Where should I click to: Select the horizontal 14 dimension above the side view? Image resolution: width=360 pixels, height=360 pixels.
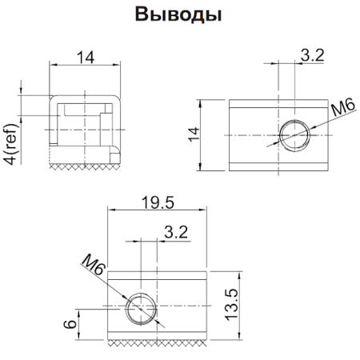pyautogui.click(x=85, y=57)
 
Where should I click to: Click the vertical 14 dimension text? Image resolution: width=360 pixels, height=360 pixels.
pyautogui.click(x=192, y=134)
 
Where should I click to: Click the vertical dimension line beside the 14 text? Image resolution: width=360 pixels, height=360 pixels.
pyautogui.click(x=203, y=134)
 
